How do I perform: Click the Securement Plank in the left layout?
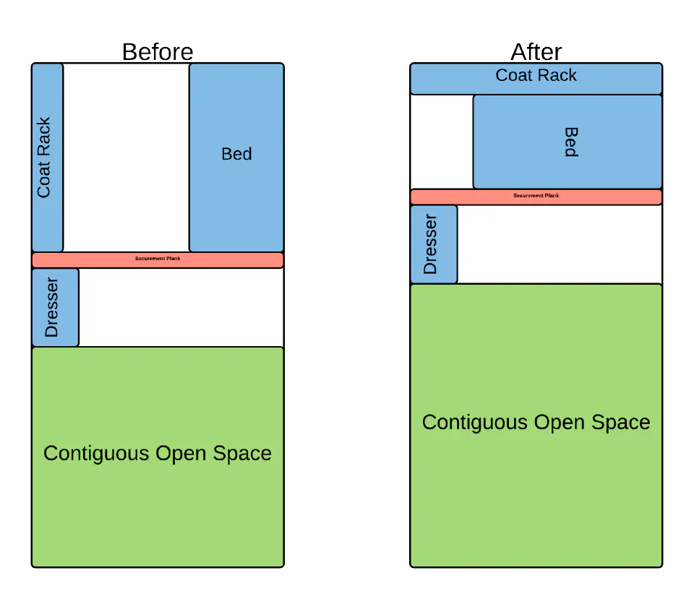(x=158, y=259)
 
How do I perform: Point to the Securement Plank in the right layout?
(x=536, y=197)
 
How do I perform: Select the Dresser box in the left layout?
(x=55, y=307)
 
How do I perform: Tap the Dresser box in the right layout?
(x=434, y=244)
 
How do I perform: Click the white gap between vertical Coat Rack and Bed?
(x=126, y=157)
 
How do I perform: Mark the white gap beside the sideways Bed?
(x=441, y=142)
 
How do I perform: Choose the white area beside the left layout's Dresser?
(x=181, y=307)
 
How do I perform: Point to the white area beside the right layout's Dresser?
(x=560, y=244)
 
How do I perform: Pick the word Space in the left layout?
(x=243, y=454)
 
